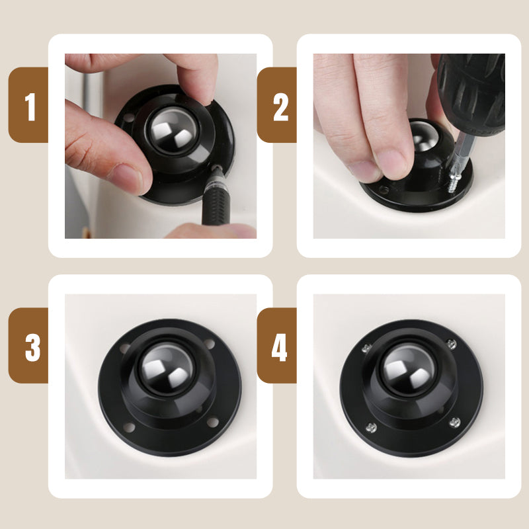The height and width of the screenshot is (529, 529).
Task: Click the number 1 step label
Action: (x=30, y=106)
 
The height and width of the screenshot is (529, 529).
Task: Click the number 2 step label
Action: (x=280, y=107)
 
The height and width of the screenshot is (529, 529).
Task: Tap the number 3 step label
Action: (x=32, y=348)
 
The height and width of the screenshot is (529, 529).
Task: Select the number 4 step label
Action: (x=279, y=348)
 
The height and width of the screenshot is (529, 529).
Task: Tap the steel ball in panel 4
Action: (x=409, y=369)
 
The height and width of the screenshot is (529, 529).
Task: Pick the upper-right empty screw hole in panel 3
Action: (x=209, y=344)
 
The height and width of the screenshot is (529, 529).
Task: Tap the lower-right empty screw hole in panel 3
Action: (x=212, y=422)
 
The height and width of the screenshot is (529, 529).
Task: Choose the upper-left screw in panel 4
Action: (x=367, y=348)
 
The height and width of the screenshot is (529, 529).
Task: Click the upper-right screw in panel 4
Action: (x=452, y=344)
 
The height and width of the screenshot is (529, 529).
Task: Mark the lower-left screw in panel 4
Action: (x=371, y=428)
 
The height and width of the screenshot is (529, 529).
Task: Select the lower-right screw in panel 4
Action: (x=455, y=423)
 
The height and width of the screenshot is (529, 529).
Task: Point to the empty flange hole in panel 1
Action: (x=128, y=118)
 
